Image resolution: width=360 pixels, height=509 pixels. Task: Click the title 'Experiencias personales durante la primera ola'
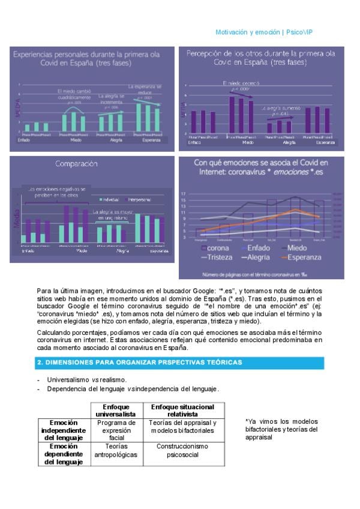point(87,54)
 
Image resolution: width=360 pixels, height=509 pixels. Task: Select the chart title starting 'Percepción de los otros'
point(261,53)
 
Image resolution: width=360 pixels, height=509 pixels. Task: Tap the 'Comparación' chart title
point(76,163)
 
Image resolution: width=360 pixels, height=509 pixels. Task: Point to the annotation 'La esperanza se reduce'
point(145,89)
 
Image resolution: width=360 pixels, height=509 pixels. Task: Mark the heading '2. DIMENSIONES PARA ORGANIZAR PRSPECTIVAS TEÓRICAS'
point(140,363)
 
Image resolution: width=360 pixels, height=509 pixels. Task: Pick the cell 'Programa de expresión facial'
point(116,430)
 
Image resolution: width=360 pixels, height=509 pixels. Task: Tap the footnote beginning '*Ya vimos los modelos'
point(281,429)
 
